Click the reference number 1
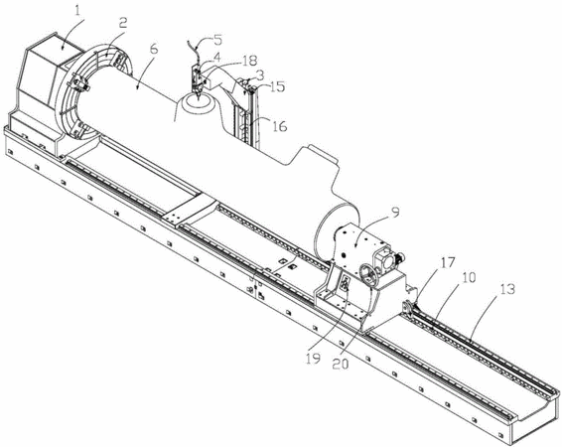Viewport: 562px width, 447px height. point(77,11)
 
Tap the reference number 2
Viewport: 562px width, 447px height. point(122,23)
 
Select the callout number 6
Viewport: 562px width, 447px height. point(153,49)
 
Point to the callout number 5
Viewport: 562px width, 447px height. point(217,40)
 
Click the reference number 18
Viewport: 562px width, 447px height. point(249,61)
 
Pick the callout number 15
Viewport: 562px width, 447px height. point(277,86)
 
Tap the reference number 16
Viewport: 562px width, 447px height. point(280,125)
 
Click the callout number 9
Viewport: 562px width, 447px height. point(394,213)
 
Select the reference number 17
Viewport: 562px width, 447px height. point(447,263)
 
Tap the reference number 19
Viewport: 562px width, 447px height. point(313,359)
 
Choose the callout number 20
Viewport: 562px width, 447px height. point(341,364)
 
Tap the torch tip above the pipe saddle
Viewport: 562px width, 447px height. point(198,96)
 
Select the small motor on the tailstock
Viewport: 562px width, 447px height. point(399,256)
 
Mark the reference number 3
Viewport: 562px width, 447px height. point(259,75)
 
